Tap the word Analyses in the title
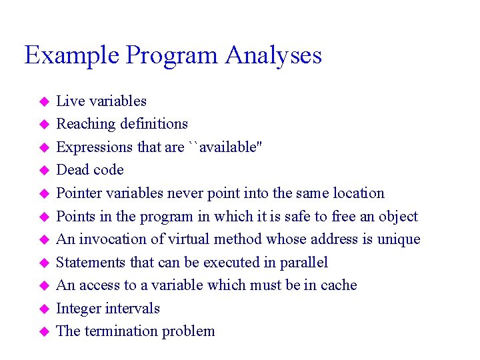(273, 55)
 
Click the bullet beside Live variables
(44, 102)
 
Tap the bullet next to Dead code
(44, 171)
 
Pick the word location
(357, 193)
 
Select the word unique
(399, 239)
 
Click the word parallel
(304, 263)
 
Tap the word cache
(337, 285)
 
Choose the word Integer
(80, 309)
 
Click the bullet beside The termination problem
(44, 331)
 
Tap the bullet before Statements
(44, 263)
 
